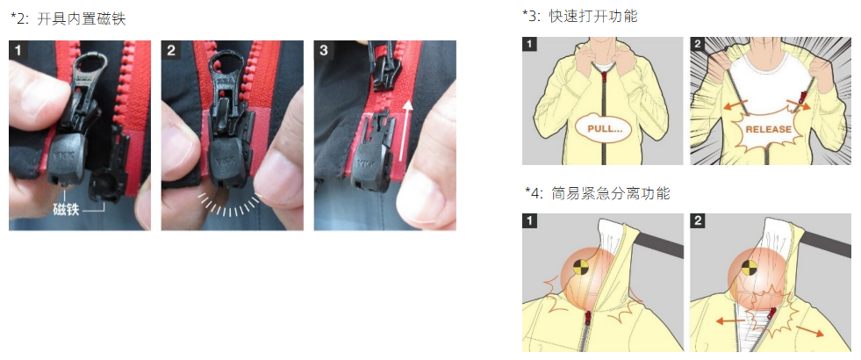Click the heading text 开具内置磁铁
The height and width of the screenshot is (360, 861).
pos(82,19)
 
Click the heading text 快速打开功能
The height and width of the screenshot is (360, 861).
pos(593,16)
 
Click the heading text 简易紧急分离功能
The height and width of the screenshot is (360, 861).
pos(611,193)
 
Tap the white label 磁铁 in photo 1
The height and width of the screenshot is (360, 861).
pos(66,209)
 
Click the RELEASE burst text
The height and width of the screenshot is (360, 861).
pos(768,130)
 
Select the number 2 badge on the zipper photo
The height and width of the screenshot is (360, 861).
pos(171,51)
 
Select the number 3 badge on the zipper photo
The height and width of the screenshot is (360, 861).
pos(324,51)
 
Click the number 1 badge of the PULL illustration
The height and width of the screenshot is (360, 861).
pos(529,44)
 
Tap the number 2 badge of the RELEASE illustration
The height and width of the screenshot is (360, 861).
pos(698,44)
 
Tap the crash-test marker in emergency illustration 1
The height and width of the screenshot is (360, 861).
pos(580,268)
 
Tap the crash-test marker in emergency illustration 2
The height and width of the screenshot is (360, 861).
pos(748,268)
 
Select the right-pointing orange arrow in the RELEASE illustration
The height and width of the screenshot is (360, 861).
pos(799,104)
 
